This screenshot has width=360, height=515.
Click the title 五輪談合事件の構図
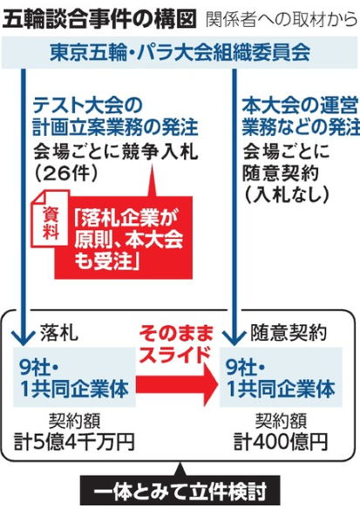click(98, 19)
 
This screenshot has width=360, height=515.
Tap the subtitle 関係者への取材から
click(282, 20)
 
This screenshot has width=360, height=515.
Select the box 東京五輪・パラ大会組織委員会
click(180, 52)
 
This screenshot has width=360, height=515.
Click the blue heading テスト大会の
click(87, 105)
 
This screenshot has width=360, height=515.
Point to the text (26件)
click(66, 173)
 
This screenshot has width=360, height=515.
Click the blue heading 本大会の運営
click(300, 105)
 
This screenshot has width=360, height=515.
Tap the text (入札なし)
click(286, 195)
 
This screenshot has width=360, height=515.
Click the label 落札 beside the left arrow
click(59, 333)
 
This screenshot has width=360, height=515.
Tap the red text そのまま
click(175, 334)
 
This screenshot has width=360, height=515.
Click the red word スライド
click(176, 354)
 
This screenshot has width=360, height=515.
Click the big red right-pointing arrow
click(177, 383)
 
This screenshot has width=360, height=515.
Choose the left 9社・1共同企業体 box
click(74, 377)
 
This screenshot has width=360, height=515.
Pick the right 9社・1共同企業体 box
click(281, 377)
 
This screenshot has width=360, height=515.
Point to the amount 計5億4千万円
click(74, 442)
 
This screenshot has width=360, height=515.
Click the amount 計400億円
click(281, 442)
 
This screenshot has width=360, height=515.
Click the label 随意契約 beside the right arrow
click(289, 333)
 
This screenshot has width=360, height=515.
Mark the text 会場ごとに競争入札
click(116, 152)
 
